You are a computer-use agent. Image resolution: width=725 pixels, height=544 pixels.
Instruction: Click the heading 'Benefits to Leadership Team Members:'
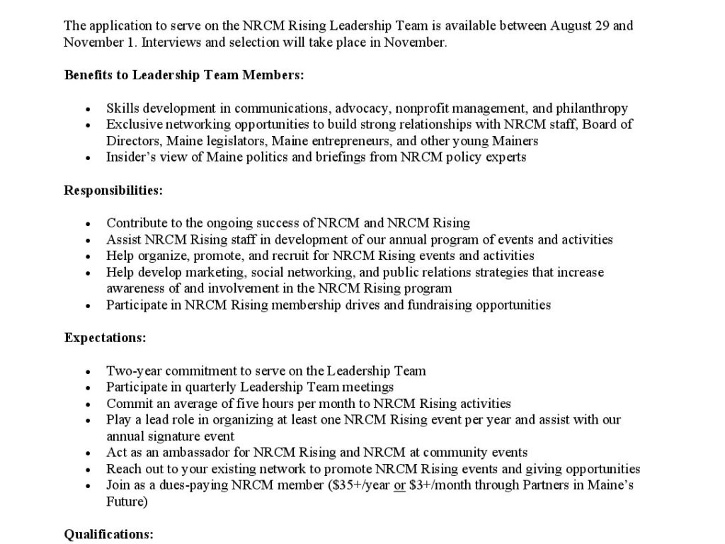[x=184, y=75]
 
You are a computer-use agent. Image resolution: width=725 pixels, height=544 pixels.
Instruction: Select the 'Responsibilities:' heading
[x=113, y=190]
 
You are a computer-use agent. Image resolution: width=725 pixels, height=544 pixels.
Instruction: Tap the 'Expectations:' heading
[x=105, y=338]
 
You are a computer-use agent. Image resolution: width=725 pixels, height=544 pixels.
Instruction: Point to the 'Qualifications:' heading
[x=108, y=534]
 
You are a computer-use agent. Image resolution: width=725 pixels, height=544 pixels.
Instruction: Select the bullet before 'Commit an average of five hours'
[x=88, y=404]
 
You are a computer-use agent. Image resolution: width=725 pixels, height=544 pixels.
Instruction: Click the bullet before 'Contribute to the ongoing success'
[x=88, y=224]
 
